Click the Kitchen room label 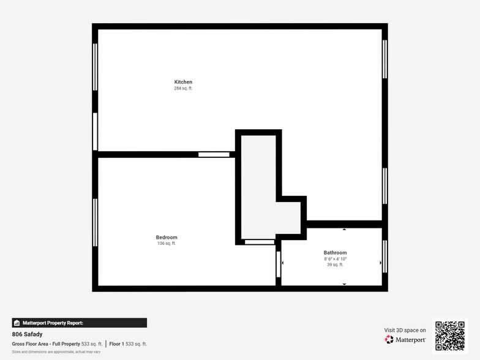[x=183, y=82]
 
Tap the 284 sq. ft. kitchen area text [x=183, y=88]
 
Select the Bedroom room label [x=167, y=238]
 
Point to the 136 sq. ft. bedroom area [x=167, y=244]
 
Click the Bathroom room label [x=336, y=252]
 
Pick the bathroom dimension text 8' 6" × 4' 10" [x=336, y=259]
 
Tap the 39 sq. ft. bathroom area [x=336, y=264]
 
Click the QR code [x=450, y=336]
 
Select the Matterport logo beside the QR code [x=405, y=339]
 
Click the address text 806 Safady [x=27, y=334]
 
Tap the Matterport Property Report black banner [x=80, y=323]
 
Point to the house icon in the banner [x=17, y=323]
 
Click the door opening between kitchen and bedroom [x=214, y=154]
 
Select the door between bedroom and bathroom [x=278, y=264]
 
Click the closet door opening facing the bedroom [x=260, y=242]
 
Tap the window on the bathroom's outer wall [x=384, y=257]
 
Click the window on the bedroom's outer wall [x=95, y=223]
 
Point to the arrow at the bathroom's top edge [x=344, y=229]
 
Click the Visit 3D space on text [x=405, y=330]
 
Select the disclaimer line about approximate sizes [x=56, y=352]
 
